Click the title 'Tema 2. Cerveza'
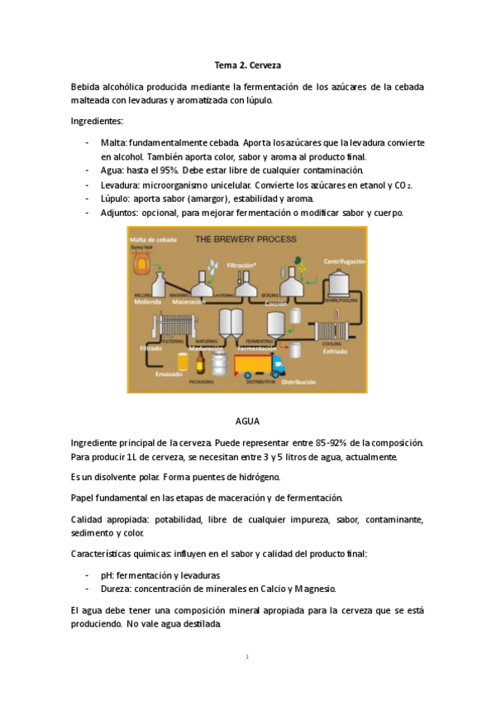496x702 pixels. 247,65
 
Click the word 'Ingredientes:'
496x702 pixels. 98,122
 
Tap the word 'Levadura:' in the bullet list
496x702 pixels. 121,185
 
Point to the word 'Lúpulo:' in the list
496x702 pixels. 117,199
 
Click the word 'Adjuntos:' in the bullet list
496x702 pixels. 122,213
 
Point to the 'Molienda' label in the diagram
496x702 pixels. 149,302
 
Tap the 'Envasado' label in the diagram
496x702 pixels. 169,373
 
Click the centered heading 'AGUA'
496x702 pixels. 247,421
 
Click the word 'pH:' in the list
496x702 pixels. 109,575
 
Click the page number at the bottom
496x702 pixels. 247,657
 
